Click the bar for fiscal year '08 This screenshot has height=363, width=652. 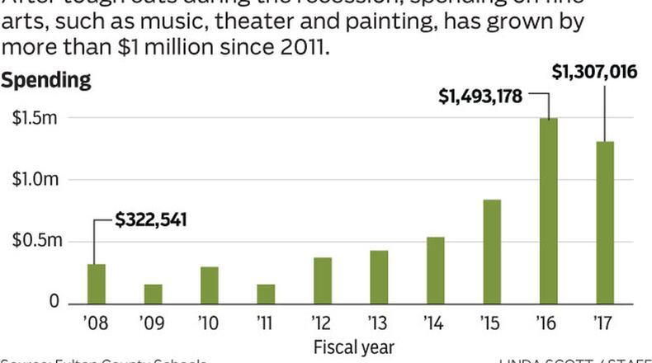[x=97, y=283]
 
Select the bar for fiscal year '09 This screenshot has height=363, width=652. [x=153, y=293]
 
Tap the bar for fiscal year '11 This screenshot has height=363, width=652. [x=266, y=293]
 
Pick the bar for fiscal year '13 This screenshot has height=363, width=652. [x=379, y=276]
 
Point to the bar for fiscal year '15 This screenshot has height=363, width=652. [x=492, y=251]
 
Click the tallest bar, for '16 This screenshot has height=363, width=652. [x=548, y=210]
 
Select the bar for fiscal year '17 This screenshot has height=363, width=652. [x=605, y=221]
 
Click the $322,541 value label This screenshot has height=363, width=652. [x=151, y=219]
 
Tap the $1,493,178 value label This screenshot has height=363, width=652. [x=480, y=97]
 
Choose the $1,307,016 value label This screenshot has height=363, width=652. [x=593, y=73]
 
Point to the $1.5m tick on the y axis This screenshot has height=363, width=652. [x=35, y=118]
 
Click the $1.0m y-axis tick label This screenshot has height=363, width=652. [x=35, y=179]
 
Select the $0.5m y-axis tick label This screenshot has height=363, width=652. [x=35, y=241]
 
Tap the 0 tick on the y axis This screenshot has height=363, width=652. [x=53, y=302]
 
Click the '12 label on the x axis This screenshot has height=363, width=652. [x=322, y=322]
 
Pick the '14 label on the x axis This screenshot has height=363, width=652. [x=435, y=322]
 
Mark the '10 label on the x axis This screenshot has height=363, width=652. [x=209, y=322]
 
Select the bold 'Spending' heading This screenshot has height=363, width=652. [x=45, y=81]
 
